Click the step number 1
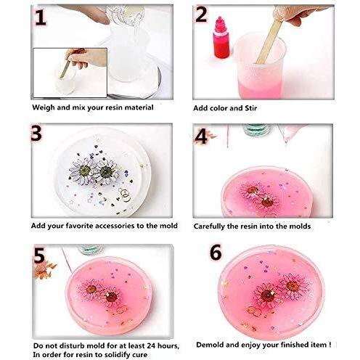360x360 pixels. [41, 17]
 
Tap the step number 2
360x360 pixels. [202, 15]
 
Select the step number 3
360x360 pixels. [36, 133]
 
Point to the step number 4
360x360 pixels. [201, 136]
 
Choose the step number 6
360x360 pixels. [216, 252]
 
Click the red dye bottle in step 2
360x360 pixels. [221, 38]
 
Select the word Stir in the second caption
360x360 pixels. [250, 108]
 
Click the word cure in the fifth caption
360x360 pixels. [139, 355]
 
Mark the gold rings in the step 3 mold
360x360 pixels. [125, 195]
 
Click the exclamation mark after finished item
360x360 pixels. [330, 345]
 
